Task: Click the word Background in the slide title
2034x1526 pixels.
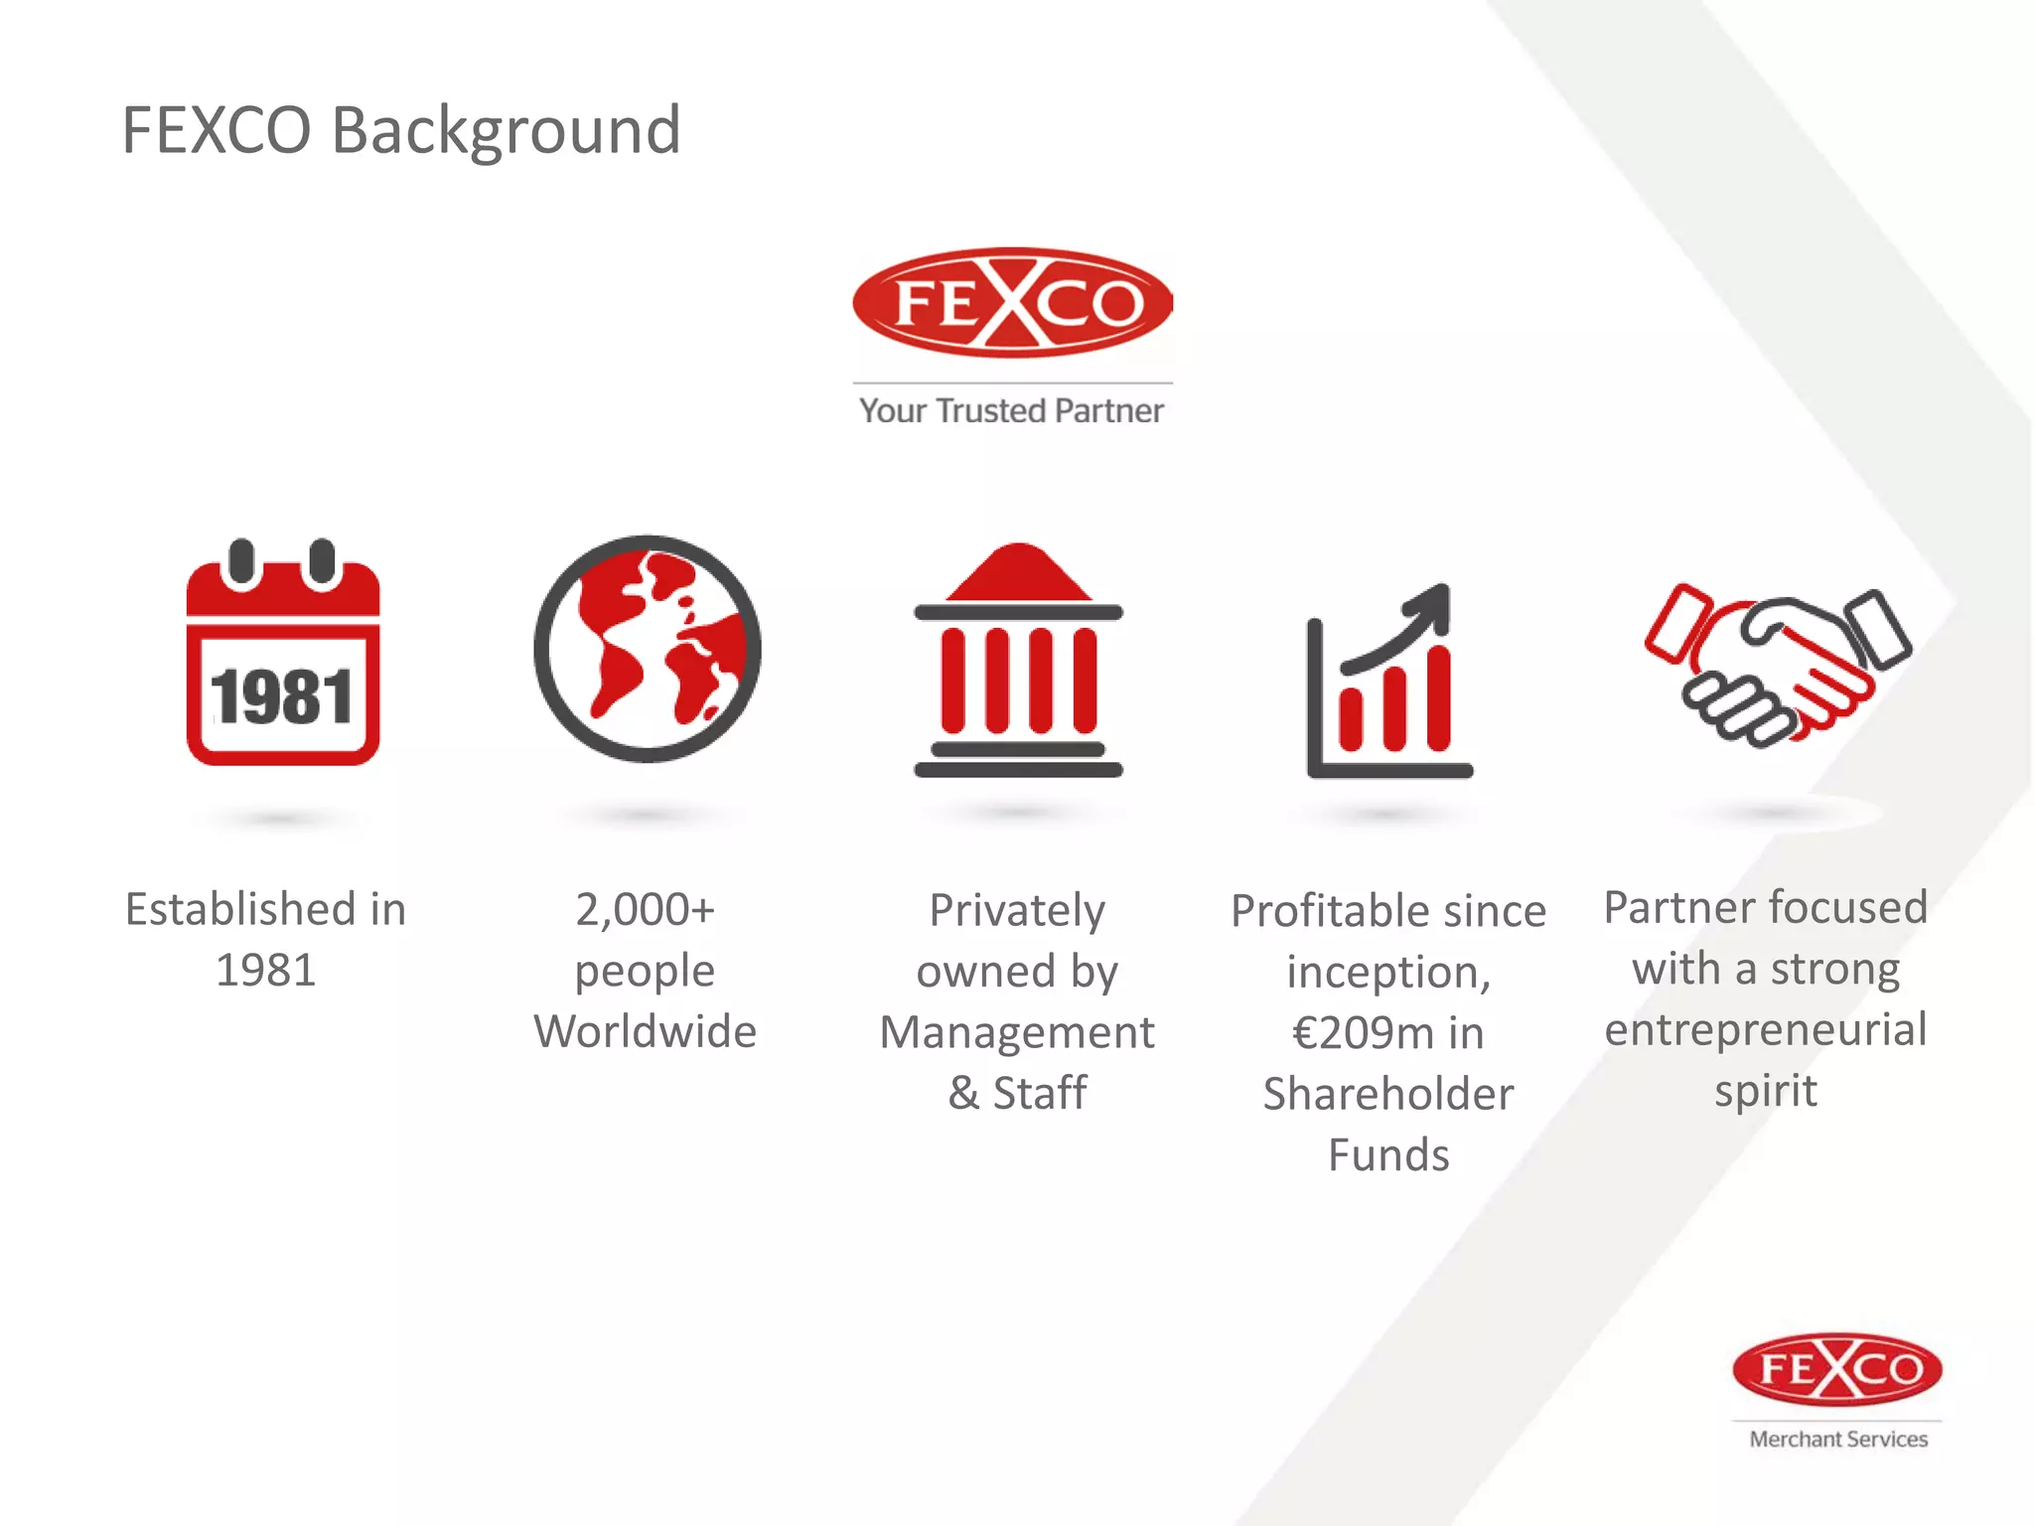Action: point(506,131)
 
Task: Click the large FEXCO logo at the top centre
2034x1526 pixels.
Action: point(1012,303)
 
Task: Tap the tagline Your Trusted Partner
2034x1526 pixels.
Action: point(1011,411)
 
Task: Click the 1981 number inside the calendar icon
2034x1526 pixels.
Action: point(282,697)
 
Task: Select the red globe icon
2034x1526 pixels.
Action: point(648,649)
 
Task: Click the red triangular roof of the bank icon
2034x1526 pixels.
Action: point(1018,574)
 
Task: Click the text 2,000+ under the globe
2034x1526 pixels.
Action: point(645,909)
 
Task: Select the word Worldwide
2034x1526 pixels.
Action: point(645,1031)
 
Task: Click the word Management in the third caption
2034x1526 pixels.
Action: point(1017,1033)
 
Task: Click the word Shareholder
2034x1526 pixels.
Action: point(1388,1094)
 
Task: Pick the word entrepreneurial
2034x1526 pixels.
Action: point(1766,1029)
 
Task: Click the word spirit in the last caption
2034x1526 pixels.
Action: point(1766,1091)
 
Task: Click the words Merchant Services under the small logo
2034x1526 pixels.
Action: point(1838,1439)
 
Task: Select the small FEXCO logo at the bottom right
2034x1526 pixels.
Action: point(1837,1370)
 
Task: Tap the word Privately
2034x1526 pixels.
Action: point(1017,910)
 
